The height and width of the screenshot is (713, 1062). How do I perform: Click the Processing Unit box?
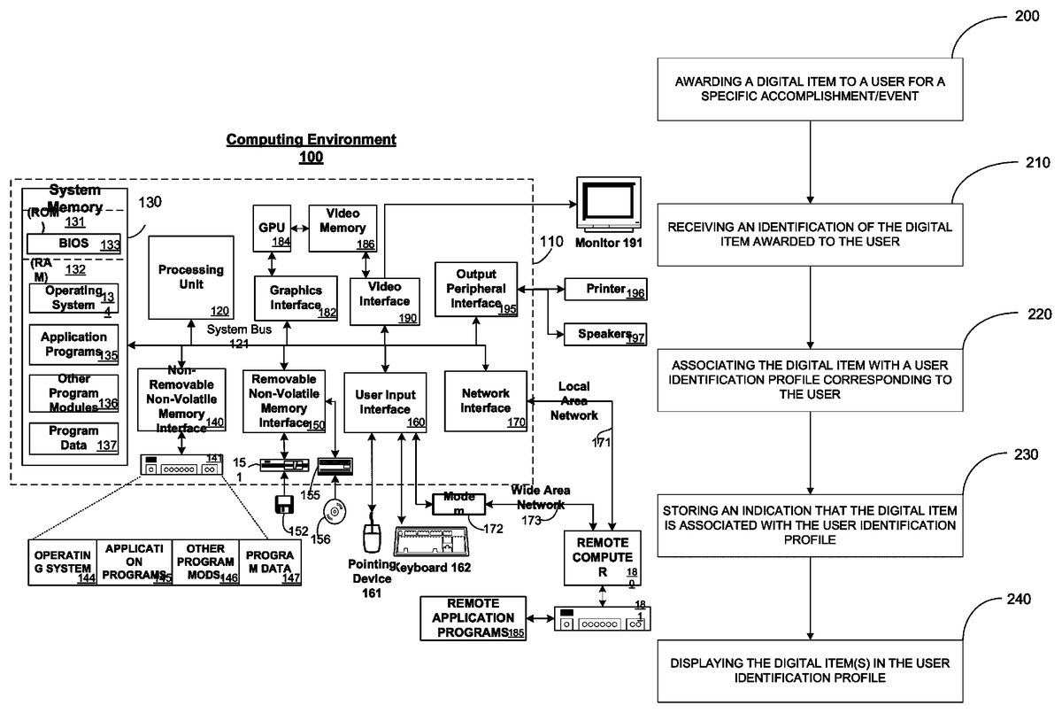tap(191, 277)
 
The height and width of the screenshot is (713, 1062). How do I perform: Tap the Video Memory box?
tap(342, 227)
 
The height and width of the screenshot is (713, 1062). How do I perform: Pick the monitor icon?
tap(608, 205)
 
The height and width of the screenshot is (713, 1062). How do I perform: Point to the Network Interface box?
tap(486, 399)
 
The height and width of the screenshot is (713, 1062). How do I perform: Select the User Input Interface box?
tap(385, 401)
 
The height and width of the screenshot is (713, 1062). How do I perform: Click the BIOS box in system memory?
tap(73, 243)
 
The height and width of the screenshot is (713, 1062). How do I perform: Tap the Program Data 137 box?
tap(73, 438)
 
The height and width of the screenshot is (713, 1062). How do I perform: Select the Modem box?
tap(458, 504)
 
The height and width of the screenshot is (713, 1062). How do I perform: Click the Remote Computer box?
tap(602, 556)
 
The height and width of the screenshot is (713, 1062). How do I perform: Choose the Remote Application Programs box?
tap(473, 617)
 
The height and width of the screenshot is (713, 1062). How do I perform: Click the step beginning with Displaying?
tap(811, 670)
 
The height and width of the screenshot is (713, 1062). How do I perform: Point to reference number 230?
tap(1017, 455)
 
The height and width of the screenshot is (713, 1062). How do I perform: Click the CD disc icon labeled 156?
tap(334, 512)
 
